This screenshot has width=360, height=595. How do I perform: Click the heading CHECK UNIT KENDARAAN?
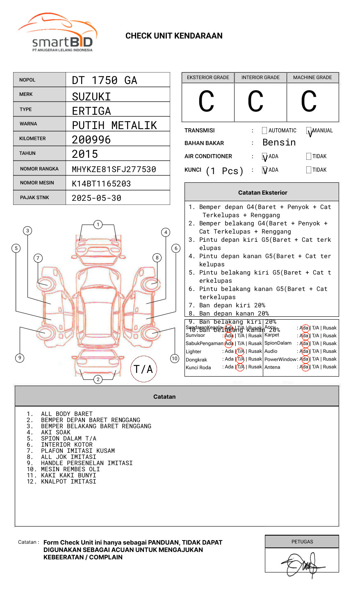[174, 36]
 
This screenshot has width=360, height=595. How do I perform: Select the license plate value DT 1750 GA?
[105, 80]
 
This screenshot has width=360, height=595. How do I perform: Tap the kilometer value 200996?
[91, 140]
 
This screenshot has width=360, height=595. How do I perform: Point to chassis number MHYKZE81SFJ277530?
[114, 169]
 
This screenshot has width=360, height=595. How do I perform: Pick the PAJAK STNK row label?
[34, 198]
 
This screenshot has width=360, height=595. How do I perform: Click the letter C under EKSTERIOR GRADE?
[206, 102]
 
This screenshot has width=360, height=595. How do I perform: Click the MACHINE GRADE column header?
[312, 77]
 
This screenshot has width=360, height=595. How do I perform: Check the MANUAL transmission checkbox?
[309, 131]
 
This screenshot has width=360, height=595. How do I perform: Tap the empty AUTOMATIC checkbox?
[264, 131]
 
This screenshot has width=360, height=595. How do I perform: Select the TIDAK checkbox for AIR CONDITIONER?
[309, 157]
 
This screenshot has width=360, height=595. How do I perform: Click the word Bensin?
[279, 143]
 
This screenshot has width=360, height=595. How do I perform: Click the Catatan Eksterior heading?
[262, 193]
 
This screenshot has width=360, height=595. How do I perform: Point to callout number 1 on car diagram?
[98, 225]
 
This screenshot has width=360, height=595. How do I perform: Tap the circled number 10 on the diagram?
[175, 359]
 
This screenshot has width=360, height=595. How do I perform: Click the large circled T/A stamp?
[143, 369]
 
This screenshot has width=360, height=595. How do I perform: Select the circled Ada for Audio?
[304, 351]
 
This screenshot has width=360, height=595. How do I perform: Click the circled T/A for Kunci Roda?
[240, 367]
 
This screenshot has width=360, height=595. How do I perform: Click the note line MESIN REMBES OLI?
[70, 469]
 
